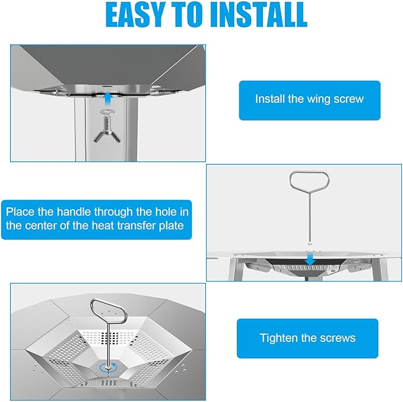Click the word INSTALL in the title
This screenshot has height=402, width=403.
click(x=259, y=14)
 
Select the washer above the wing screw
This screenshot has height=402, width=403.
click(x=107, y=112)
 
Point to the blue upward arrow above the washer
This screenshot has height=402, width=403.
click(x=108, y=100)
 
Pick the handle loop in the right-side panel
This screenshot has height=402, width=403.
click(x=309, y=180)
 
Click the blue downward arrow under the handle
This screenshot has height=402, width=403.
click(x=310, y=259)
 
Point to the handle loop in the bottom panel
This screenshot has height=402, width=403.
click(x=108, y=312)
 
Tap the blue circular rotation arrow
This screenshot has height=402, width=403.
click(x=109, y=368)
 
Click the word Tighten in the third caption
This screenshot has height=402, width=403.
click(x=278, y=338)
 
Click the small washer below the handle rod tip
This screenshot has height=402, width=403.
click(x=310, y=243)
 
